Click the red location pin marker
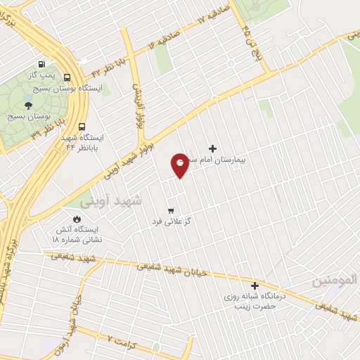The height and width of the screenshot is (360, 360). [180, 165]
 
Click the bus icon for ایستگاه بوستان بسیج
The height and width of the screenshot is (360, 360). [67, 78]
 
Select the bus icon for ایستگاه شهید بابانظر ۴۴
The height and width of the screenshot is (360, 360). [83, 127]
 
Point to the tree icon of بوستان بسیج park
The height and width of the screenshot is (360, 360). [29, 104]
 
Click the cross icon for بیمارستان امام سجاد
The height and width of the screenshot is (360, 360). [212, 148]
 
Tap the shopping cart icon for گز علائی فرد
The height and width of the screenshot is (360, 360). [171, 210]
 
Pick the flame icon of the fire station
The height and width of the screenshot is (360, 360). [68, 219]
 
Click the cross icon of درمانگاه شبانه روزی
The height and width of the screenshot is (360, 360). [255, 286]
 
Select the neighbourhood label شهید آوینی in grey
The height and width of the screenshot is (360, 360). [110, 200]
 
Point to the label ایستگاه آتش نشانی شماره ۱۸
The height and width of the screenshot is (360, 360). [77, 235]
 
